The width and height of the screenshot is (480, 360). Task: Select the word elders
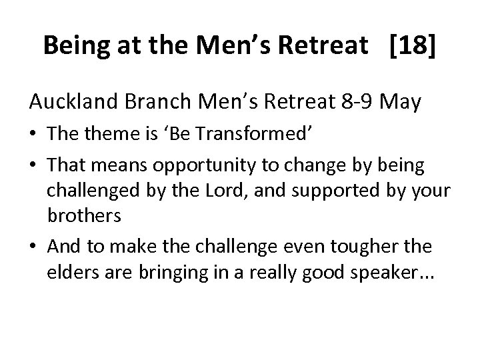69,273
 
